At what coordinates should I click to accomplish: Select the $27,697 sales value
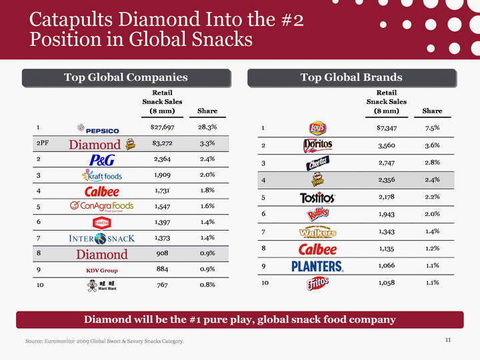coord(159,127)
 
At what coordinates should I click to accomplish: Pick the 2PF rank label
coord(45,144)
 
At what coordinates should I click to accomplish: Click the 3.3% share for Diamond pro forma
coord(207,144)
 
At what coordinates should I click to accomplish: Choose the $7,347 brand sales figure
coord(386,127)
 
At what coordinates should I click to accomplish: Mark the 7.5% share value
coord(431,127)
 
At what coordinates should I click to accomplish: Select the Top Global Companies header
coord(126,78)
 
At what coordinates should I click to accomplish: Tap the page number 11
coord(448,341)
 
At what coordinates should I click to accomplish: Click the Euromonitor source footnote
coord(105,342)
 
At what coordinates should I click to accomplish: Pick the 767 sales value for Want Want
coord(159,287)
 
